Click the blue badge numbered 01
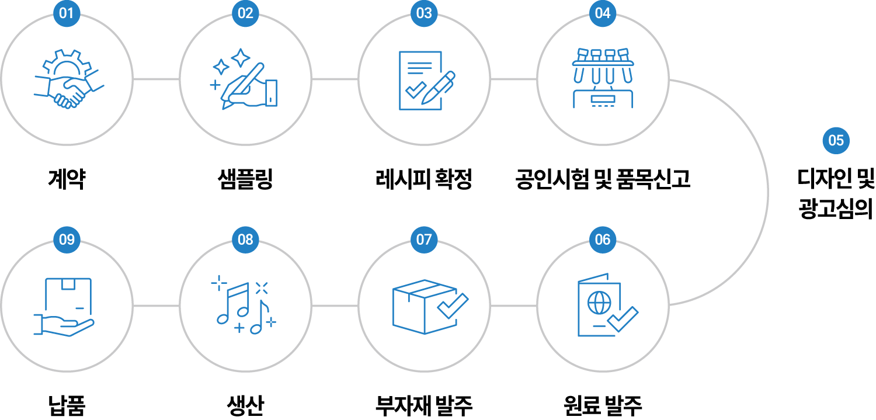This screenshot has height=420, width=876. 67,13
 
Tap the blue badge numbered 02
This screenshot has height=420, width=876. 245,13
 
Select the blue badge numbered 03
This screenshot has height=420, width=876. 424,13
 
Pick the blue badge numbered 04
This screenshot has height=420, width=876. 603,13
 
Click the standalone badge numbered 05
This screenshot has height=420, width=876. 836,140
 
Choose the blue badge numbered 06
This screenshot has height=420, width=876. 603,239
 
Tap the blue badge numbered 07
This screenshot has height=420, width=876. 424,239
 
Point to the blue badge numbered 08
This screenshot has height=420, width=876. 245,239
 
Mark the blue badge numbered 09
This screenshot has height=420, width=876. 67,239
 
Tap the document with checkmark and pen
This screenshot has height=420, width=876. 425,81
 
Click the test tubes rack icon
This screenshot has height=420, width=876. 603,78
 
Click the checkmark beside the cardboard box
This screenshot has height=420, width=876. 453,306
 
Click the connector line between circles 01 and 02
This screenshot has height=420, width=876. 156,79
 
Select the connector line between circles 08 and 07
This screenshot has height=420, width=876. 335,306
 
